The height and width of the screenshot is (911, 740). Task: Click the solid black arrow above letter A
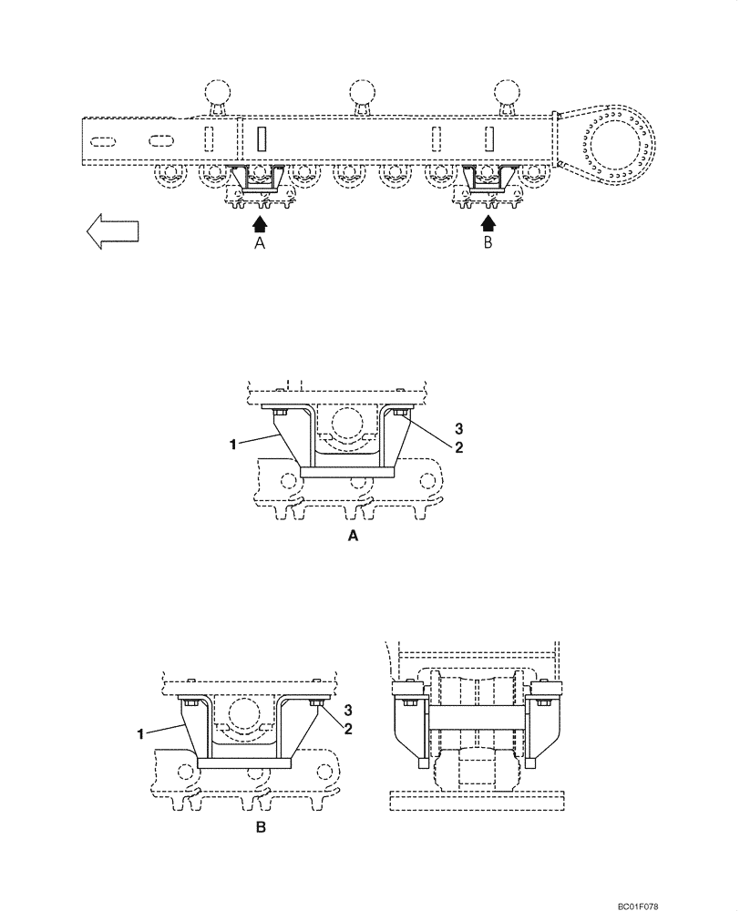click(x=260, y=221)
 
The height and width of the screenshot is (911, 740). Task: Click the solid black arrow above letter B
click(x=488, y=221)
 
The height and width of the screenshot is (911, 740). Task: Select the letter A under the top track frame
click(x=260, y=245)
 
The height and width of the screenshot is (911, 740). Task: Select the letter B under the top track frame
click(x=488, y=245)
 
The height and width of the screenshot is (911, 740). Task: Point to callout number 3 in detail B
click(x=349, y=709)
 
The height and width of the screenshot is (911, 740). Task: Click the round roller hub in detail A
click(x=346, y=423)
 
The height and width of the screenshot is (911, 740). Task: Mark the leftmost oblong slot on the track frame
click(x=103, y=140)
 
